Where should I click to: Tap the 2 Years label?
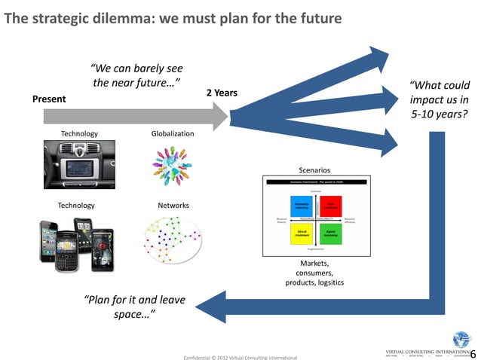coord(222,93)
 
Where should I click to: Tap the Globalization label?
coord(173,133)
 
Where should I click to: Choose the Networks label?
coord(173,205)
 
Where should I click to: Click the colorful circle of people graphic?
coord(173,165)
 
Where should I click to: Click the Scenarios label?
coord(314,170)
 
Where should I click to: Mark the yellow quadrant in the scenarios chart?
coord(302,233)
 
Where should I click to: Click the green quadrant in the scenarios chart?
coord(332,233)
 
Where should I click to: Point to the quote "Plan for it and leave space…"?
coord(135,306)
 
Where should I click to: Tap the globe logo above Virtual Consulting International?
coord(461,339)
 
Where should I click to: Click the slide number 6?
coord(473,353)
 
